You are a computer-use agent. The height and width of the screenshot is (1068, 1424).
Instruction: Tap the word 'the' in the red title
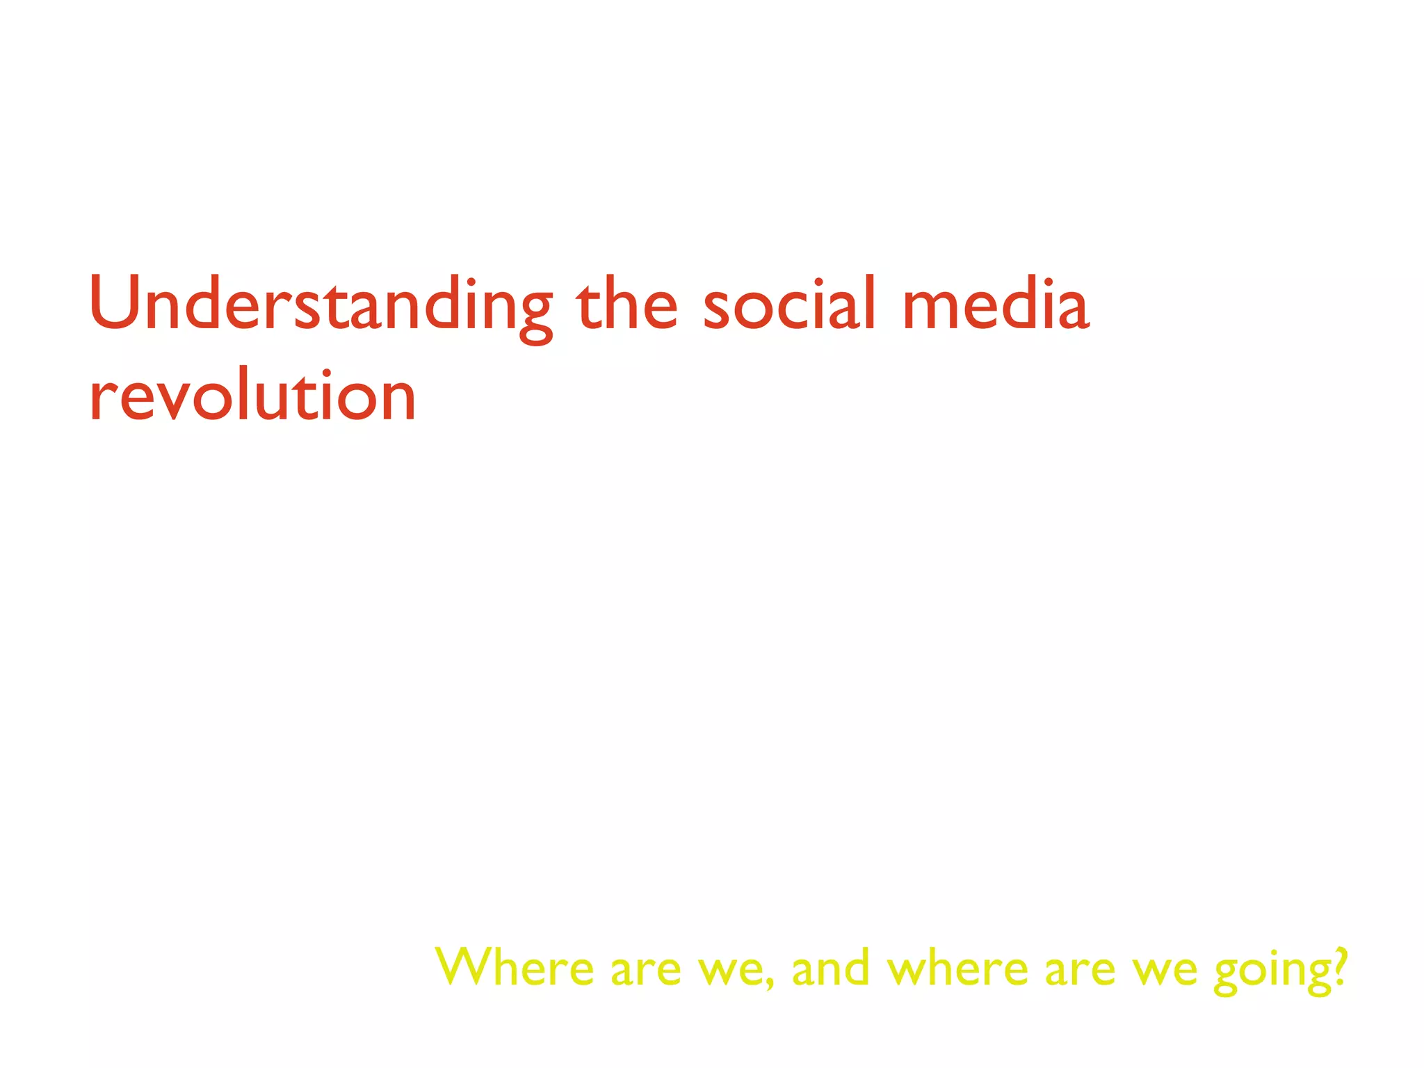[x=626, y=304]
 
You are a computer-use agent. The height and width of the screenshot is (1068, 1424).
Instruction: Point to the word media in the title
[x=995, y=304]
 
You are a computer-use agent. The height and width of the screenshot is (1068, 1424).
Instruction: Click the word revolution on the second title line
[x=253, y=396]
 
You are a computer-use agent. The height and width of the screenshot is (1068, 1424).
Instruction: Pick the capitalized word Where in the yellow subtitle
[x=515, y=967]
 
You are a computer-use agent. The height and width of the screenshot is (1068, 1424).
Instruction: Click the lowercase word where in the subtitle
[x=958, y=967]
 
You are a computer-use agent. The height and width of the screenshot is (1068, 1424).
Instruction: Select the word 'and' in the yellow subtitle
[x=831, y=967]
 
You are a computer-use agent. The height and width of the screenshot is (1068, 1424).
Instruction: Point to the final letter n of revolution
[x=396, y=399]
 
